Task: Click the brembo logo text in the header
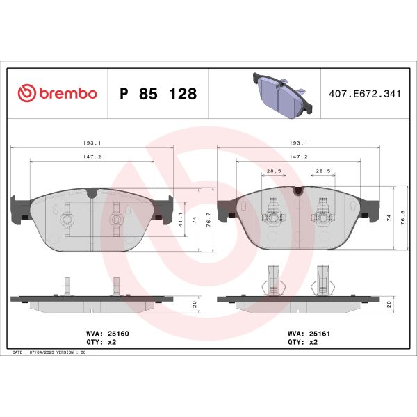click(68, 94)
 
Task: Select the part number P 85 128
click(158, 94)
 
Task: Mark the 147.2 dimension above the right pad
click(298, 157)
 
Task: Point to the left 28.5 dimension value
click(274, 170)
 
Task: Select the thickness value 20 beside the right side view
click(389, 304)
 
